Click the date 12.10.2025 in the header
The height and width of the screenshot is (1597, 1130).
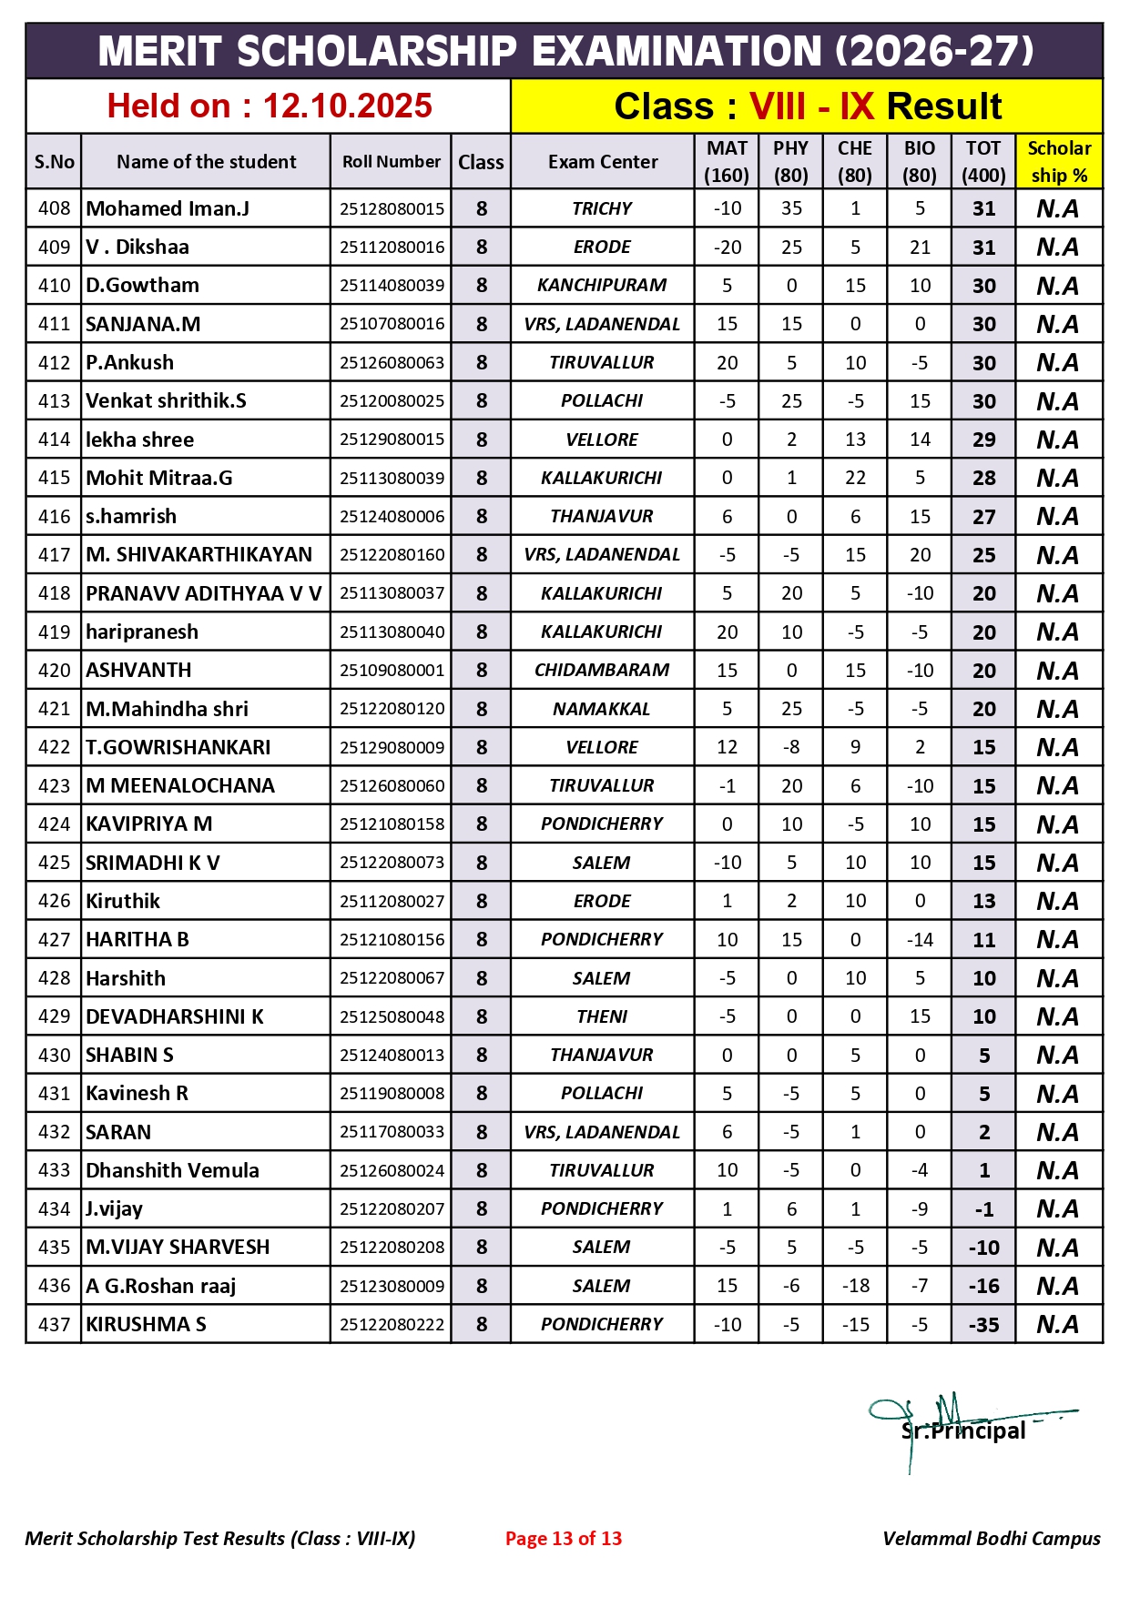[347, 106]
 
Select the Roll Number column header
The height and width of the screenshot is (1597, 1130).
[392, 162]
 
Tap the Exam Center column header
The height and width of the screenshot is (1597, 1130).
[602, 162]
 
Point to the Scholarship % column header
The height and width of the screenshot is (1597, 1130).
[1058, 162]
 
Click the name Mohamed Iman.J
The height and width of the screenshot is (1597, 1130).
[168, 208]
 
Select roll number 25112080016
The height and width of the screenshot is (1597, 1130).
[392, 248]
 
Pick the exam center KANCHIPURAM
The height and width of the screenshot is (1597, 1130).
[602, 286]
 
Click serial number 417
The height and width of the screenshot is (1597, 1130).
[54, 555]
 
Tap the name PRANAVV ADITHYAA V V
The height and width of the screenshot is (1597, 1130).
[204, 593]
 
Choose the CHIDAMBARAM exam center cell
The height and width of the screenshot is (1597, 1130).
[602, 671]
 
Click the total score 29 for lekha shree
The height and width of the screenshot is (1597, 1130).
[983, 440]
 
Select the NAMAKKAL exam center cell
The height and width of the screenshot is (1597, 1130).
[602, 709]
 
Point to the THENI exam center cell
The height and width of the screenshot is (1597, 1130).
[602, 1016]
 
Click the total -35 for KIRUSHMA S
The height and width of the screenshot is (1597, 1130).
[983, 1325]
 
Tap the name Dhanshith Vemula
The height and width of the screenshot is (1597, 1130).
[172, 1170]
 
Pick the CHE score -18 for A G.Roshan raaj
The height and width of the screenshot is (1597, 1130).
[855, 1286]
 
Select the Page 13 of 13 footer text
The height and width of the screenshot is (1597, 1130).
[564, 1539]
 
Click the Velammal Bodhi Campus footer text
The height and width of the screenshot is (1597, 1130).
[991, 1539]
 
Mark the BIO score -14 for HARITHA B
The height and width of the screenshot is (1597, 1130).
[920, 940]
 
